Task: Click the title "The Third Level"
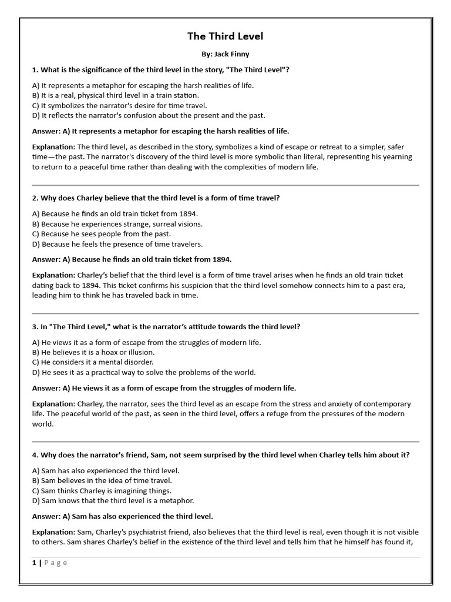tap(225, 36)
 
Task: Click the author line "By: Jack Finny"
tap(225, 54)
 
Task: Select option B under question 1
tap(116, 95)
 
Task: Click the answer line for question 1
tap(160, 131)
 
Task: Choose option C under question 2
tap(102, 234)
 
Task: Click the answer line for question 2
tap(132, 259)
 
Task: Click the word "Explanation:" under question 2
tap(53, 275)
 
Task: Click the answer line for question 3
tap(164, 388)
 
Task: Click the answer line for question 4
tap(122, 516)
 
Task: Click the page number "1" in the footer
tap(35, 563)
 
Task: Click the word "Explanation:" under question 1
tap(53, 147)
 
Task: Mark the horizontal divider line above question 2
tap(225, 185)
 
